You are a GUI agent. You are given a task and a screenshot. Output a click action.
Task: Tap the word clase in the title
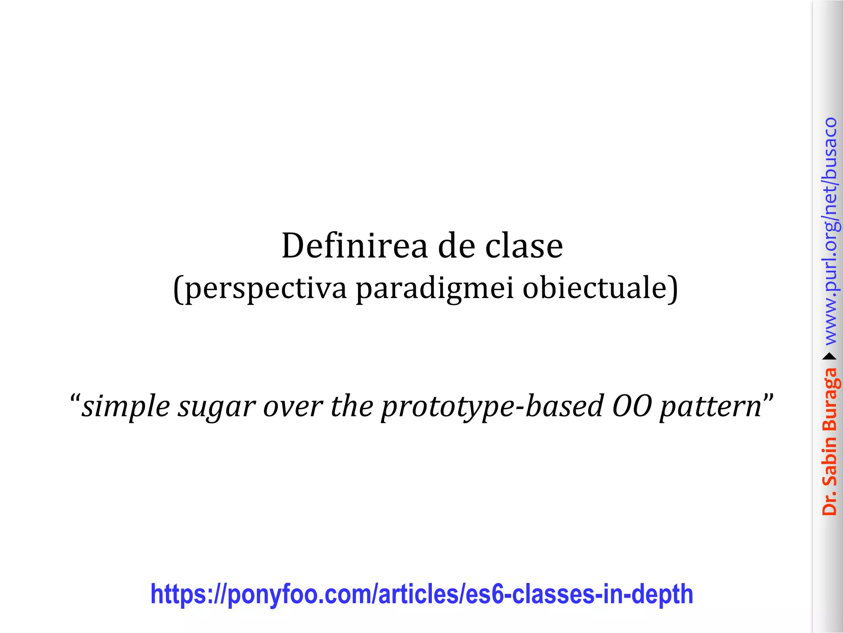(x=524, y=246)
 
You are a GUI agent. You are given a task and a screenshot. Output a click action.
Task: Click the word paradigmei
(x=435, y=288)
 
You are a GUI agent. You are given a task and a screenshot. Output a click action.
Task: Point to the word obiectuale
(x=595, y=288)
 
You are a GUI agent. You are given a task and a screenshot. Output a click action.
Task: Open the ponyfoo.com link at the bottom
(x=422, y=594)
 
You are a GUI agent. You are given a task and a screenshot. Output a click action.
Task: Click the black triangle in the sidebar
(x=830, y=356)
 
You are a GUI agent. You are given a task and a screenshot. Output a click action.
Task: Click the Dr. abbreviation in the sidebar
(x=830, y=503)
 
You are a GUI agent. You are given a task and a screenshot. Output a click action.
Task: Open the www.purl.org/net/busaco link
(x=830, y=231)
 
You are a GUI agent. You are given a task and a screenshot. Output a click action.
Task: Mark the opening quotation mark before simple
(x=75, y=399)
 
